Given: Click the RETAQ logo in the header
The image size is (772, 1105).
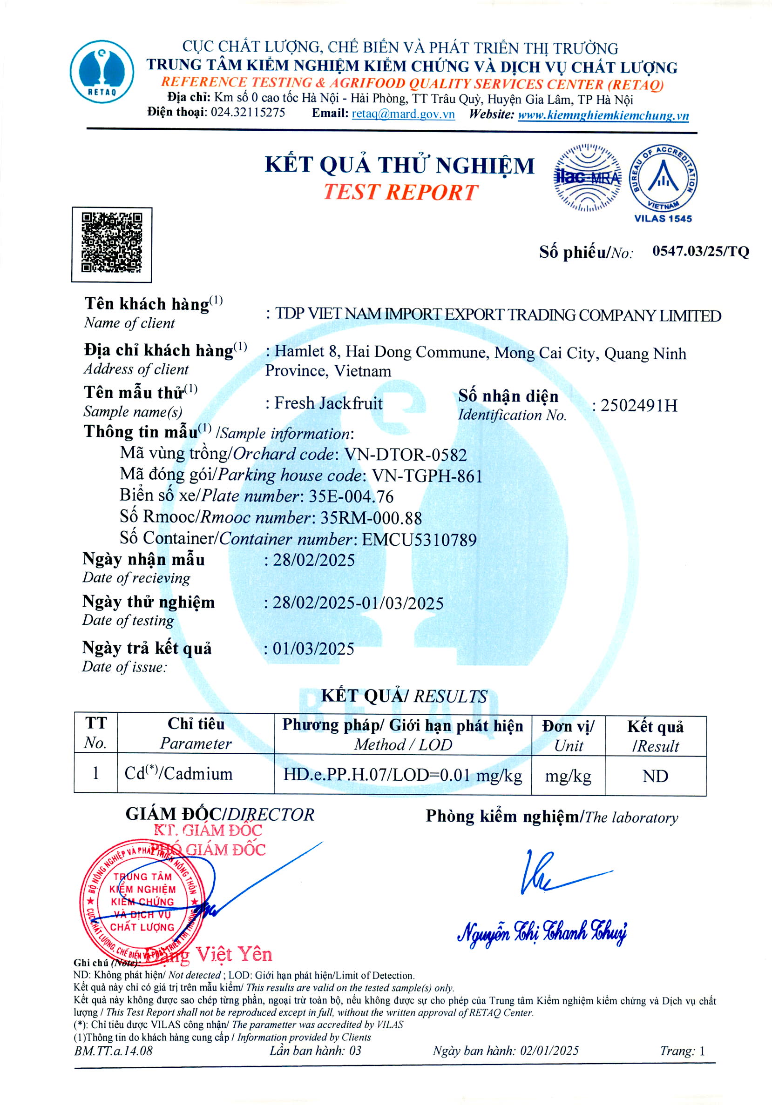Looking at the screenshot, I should [102, 71].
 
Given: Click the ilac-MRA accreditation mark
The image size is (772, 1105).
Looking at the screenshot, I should [587, 177].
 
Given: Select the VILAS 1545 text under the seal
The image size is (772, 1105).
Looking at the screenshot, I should [663, 219].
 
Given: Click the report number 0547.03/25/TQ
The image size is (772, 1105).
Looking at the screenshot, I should [700, 251].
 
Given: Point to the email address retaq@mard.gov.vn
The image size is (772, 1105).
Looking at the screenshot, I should [403, 114].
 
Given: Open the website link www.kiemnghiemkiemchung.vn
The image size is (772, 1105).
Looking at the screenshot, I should [603, 115].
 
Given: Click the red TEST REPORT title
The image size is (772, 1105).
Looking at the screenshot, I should [401, 193].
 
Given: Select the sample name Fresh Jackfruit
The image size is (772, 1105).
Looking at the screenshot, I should [328, 403].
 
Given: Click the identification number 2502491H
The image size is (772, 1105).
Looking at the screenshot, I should [638, 406].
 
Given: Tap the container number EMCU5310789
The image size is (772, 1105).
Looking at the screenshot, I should [419, 540].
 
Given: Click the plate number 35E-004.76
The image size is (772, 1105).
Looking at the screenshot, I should [351, 496].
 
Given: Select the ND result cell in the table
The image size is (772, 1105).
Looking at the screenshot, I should [655, 776].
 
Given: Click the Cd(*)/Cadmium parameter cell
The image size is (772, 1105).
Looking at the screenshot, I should [179, 774].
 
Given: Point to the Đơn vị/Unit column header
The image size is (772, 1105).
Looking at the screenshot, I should [568, 736].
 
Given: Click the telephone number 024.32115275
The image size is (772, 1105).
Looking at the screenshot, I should [248, 113].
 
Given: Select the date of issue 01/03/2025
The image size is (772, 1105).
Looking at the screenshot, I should [313, 649].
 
